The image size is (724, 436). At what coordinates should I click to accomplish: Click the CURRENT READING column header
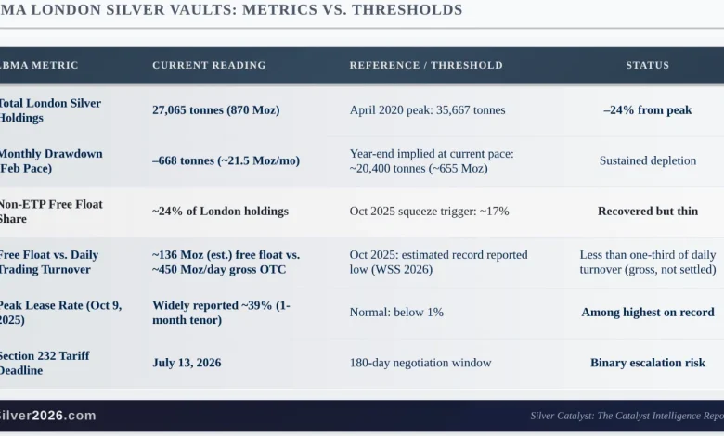pos(209,66)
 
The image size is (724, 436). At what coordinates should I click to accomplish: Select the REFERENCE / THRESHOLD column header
pos(426,66)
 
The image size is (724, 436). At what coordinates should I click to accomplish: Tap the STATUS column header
pos(647,66)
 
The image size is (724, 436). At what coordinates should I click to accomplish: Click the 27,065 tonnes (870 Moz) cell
pos(215,110)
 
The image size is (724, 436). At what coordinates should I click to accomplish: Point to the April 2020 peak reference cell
pos(427,110)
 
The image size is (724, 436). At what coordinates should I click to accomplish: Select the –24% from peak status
pos(647,110)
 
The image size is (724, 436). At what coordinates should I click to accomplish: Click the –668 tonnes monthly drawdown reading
pos(226,160)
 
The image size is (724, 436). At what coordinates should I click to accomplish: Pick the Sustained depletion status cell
pos(647,160)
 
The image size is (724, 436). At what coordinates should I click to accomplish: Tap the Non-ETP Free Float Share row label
pos(50,212)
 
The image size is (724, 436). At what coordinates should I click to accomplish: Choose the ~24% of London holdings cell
pos(220,212)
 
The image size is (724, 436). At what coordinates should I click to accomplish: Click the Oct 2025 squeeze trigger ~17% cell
pos(429,212)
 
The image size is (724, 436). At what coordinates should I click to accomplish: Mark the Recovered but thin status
pos(647,212)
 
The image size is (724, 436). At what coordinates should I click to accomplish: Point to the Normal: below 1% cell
pos(396,313)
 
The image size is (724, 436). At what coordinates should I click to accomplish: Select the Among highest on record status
pos(647,313)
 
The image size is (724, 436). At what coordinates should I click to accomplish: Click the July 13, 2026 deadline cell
pos(187,363)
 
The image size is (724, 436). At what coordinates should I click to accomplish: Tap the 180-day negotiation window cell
pos(420,363)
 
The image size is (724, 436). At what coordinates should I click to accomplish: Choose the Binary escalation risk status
pos(647,363)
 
